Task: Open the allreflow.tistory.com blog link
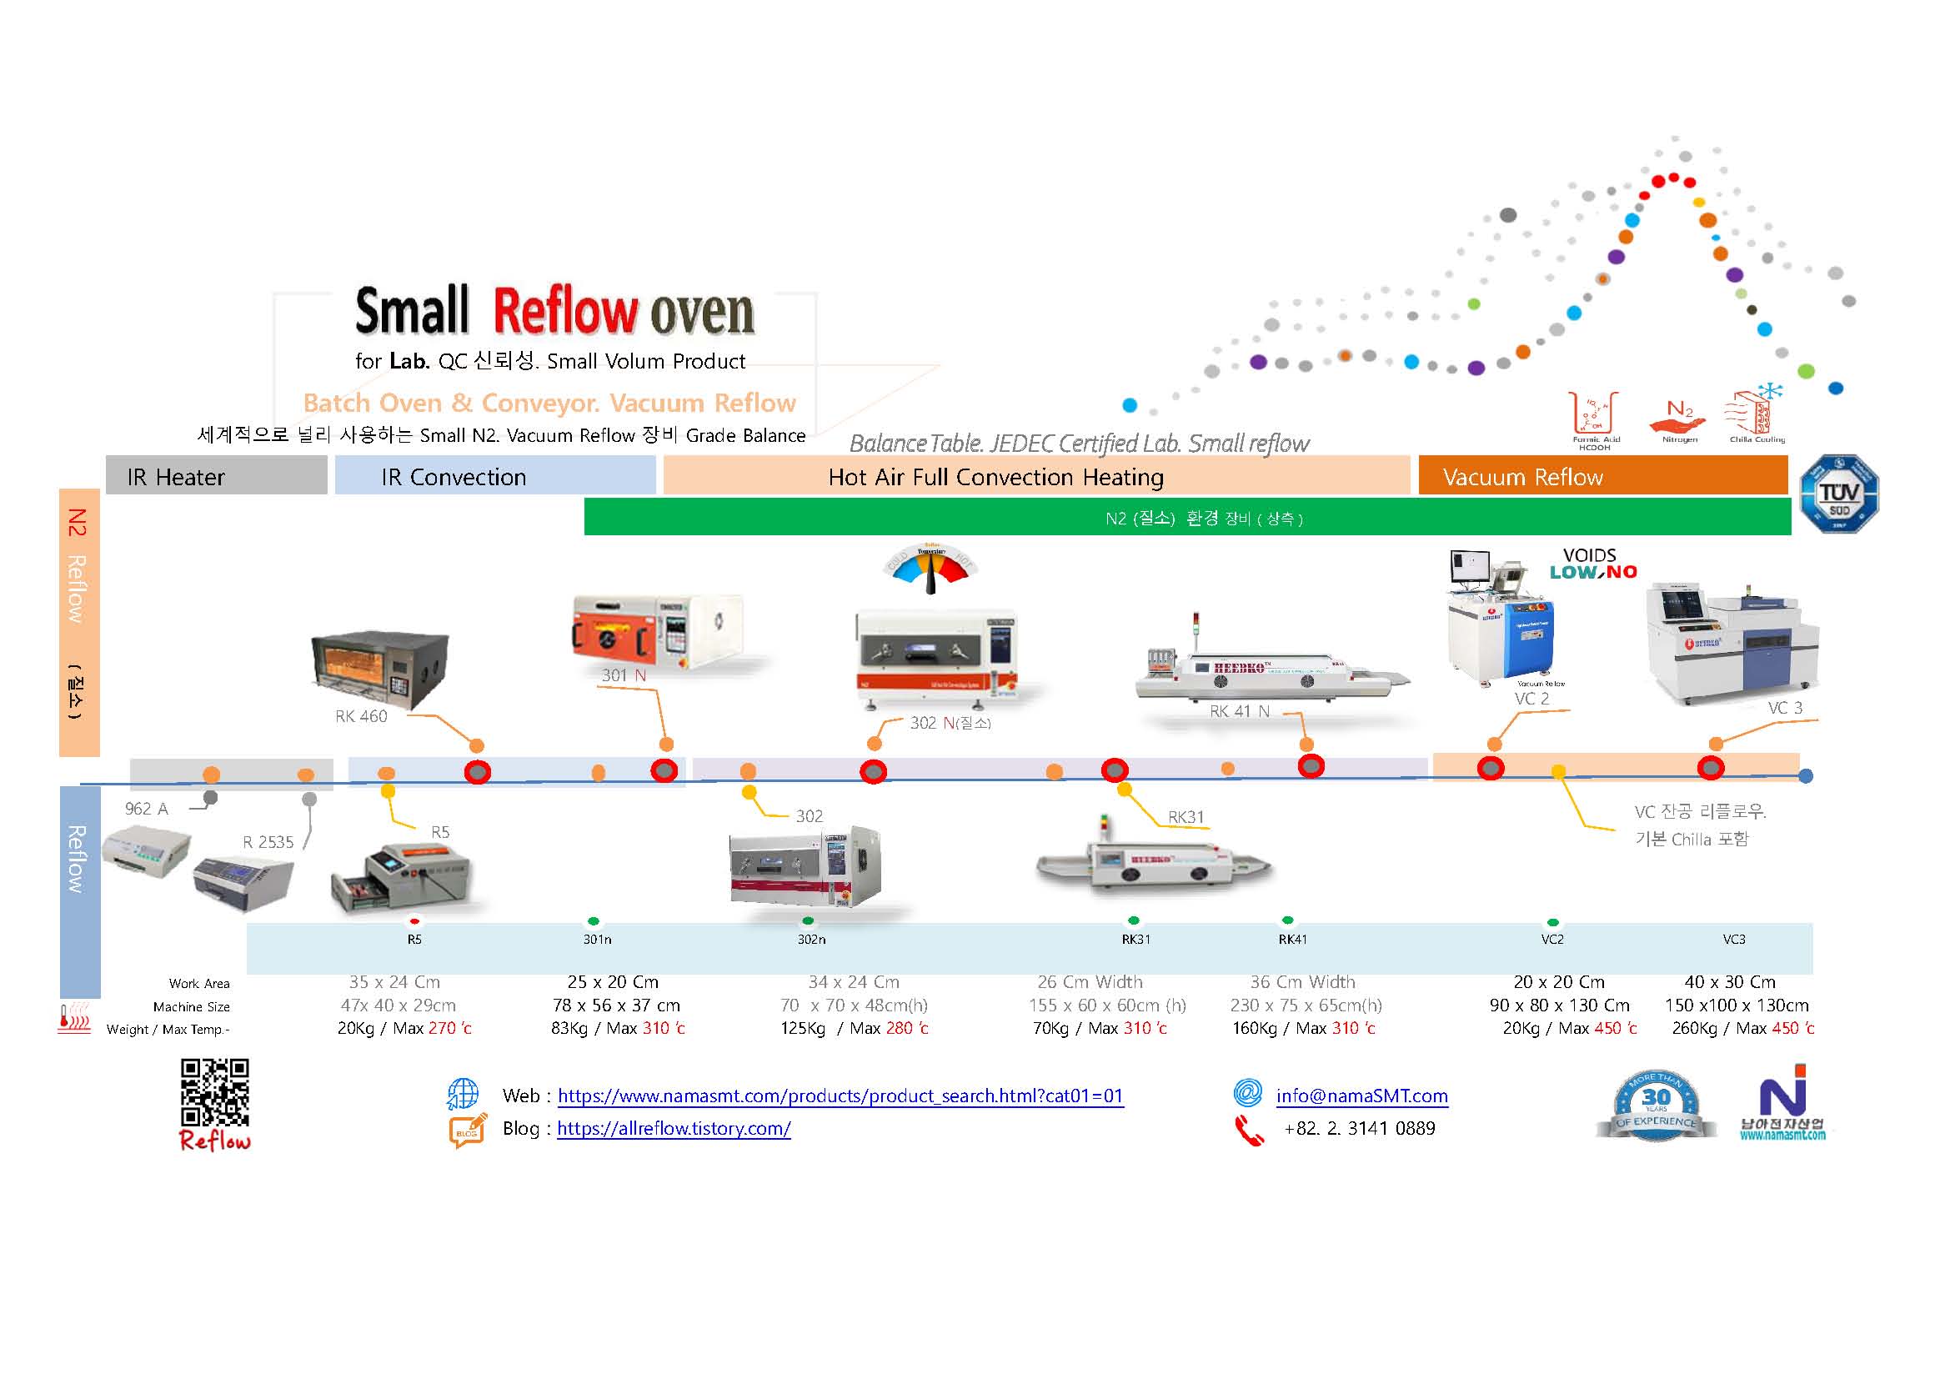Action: [674, 1129]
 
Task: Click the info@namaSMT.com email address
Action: [1361, 1096]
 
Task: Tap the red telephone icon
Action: [1249, 1131]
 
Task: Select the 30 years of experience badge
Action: [1656, 1106]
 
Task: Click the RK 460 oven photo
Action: [379, 670]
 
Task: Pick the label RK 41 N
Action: [1239, 711]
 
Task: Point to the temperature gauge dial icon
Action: [930, 567]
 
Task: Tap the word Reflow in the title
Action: [564, 311]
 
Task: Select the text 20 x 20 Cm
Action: [1558, 982]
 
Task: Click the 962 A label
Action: [146, 810]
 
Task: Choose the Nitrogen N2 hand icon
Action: [1678, 418]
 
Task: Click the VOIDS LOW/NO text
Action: [1592, 564]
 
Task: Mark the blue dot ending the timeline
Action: [1806, 775]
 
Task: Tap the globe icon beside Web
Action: [463, 1094]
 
